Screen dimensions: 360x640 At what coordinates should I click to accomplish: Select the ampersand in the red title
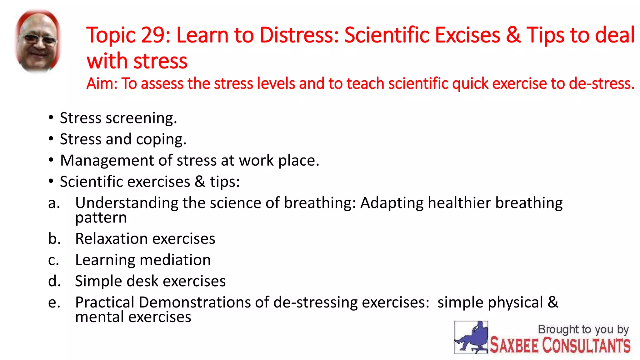(x=513, y=35)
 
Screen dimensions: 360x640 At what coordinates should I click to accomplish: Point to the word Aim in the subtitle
(x=101, y=84)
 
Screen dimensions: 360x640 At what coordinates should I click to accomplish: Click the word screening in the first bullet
(x=141, y=118)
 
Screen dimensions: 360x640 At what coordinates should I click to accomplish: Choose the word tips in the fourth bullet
(x=224, y=182)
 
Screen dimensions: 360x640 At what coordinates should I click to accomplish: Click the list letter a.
(x=54, y=203)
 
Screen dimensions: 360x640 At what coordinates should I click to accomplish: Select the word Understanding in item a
(x=127, y=203)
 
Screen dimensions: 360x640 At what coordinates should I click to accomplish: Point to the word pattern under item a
(x=101, y=218)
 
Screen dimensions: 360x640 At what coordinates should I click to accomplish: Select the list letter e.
(x=54, y=303)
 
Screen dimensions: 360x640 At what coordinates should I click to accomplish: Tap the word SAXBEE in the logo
(x=514, y=346)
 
